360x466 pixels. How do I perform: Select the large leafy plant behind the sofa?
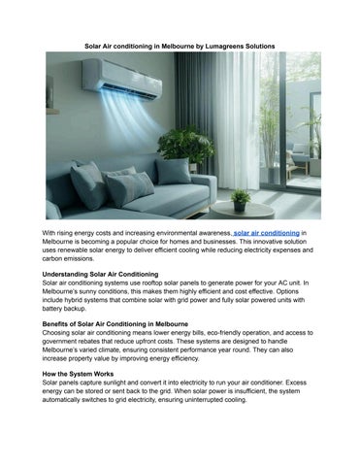click(185, 146)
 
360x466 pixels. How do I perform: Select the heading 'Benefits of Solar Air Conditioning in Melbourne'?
click(127, 321)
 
